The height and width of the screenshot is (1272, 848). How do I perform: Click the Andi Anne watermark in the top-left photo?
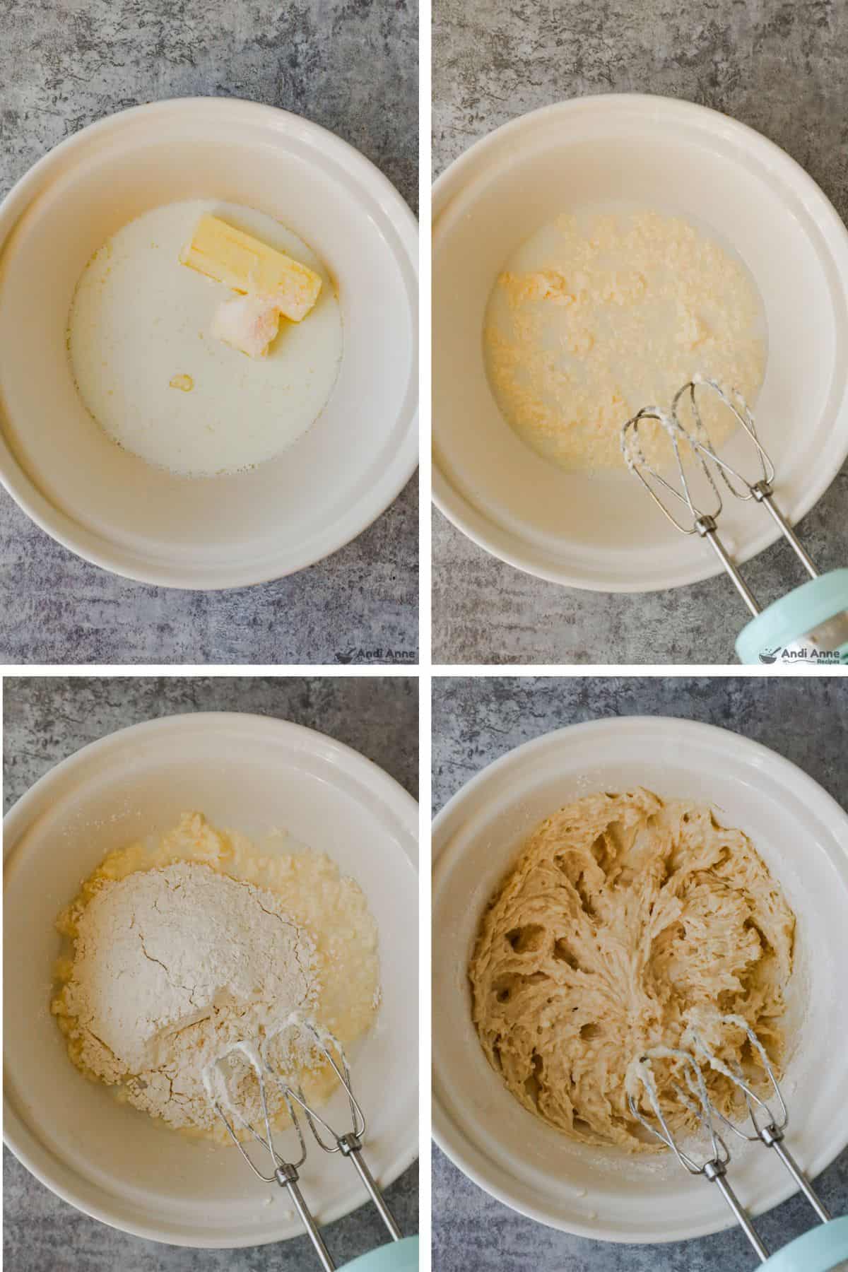coord(375,656)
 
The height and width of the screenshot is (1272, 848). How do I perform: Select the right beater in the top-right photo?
coord(714,431)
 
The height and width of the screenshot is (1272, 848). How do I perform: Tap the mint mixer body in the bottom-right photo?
coord(820,1251)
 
